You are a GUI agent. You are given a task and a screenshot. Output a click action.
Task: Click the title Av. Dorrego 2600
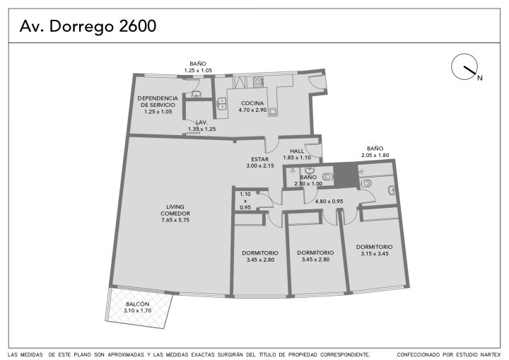tap(88, 26)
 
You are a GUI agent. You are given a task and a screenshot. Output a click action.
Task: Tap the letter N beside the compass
tap(479, 78)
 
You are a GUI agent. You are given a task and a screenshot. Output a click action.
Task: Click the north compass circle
tap(464, 66)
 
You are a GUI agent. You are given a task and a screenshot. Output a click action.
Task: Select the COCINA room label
tap(252, 103)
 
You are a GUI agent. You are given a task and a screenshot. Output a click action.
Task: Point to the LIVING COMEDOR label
tap(175, 210)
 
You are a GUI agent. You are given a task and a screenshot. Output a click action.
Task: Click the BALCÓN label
tap(138, 304)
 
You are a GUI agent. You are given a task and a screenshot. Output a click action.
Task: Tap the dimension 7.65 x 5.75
tap(175, 220)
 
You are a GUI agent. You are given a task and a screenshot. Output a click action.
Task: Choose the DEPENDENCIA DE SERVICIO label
tap(158, 101)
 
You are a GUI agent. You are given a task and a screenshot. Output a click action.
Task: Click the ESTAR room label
tap(260, 159)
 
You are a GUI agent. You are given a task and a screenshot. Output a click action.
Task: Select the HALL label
tap(297, 151)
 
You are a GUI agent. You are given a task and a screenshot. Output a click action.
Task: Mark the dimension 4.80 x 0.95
tap(329, 202)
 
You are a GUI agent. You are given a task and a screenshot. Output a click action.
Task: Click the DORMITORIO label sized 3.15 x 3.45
tap(374, 247)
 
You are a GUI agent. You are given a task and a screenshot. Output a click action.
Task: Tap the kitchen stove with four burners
tap(258, 81)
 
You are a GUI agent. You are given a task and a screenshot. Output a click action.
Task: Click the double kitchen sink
tap(222, 104)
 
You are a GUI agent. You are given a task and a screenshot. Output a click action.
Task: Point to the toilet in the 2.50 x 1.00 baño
tap(327, 176)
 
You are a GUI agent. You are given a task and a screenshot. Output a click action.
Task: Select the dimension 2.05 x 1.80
tap(375, 156)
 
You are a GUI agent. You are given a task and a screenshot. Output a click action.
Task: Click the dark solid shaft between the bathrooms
tap(346, 175)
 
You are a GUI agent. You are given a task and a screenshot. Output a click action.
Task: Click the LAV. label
tap(201, 122)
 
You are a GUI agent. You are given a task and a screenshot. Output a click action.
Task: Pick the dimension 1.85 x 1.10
tap(297, 158)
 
